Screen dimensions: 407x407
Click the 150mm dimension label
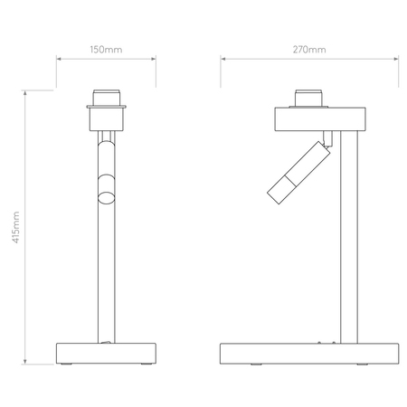(107, 48)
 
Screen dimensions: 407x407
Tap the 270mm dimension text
(310, 48)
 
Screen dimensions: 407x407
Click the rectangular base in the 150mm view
(108, 352)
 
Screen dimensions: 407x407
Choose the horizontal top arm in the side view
(320, 119)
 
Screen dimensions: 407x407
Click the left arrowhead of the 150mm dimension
(59, 60)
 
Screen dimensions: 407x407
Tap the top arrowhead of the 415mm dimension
(26, 93)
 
